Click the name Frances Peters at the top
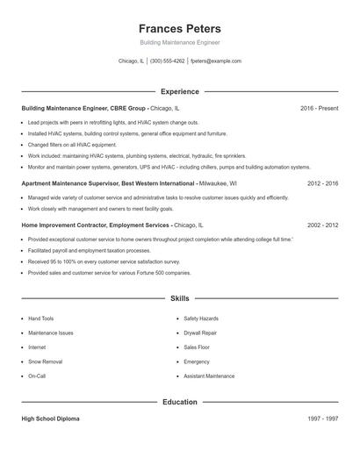(x=179, y=29)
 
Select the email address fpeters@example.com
(x=215, y=61)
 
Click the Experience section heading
(x=179, y=91)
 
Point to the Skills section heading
(x=179, y=299)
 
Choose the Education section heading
(x=179, y=402)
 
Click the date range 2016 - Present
(x=319, y=108)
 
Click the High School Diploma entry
(x=50, y=419)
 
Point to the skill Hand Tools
(x=40, y=318)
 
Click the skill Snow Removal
(x=45, y=361)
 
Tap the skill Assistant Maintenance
(x=209, y=376)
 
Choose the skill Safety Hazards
(x=201, y=318)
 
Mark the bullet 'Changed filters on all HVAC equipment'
(x=72, y=145)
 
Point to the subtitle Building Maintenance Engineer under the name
(x=179, y=42)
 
